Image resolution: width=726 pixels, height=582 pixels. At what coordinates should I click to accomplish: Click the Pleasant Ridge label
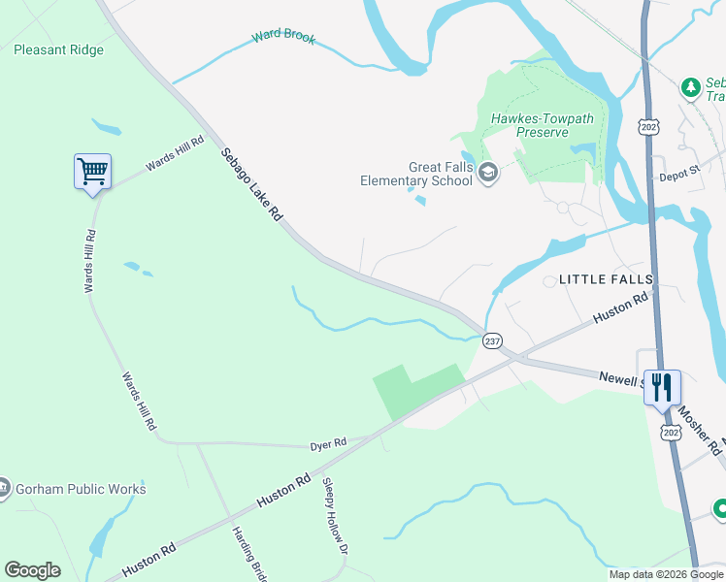(58, 49)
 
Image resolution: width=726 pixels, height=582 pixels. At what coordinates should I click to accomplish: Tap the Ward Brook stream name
(283, 35)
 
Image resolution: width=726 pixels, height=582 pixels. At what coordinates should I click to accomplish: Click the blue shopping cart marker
(92, 172)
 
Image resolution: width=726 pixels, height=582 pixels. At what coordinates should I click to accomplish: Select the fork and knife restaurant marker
(662, 387)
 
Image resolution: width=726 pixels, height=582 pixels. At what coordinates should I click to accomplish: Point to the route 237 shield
(492, 340)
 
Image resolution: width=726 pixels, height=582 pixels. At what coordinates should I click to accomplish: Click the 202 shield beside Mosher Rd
(671, 430)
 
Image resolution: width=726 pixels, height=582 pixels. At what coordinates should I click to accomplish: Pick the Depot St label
(679, 171)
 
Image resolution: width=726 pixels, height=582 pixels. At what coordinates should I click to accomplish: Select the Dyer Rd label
(328, 444)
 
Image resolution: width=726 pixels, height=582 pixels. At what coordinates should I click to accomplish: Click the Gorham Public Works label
(80, 489)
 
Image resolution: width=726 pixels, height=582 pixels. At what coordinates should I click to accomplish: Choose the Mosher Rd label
(700, 430)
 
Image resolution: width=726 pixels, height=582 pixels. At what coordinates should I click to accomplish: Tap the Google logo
(32, 570)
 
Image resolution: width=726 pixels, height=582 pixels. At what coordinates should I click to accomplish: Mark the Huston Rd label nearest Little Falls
(621, 308)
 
